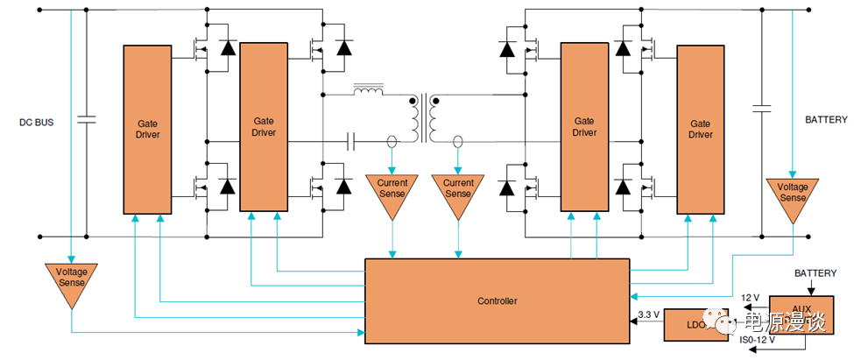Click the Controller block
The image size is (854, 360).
coord(497,300)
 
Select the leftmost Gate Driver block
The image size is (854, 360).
coord(147,129)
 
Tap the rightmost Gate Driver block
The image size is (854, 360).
coord(700,129)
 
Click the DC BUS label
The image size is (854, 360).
coord(36,122)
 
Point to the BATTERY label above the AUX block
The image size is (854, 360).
coord(815,273)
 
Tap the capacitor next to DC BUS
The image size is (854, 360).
coord(86,120)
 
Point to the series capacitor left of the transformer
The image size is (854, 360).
coord(352,139)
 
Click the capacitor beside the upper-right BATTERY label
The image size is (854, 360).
coord(762,109)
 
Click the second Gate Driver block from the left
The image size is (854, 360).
coord(264,127)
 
